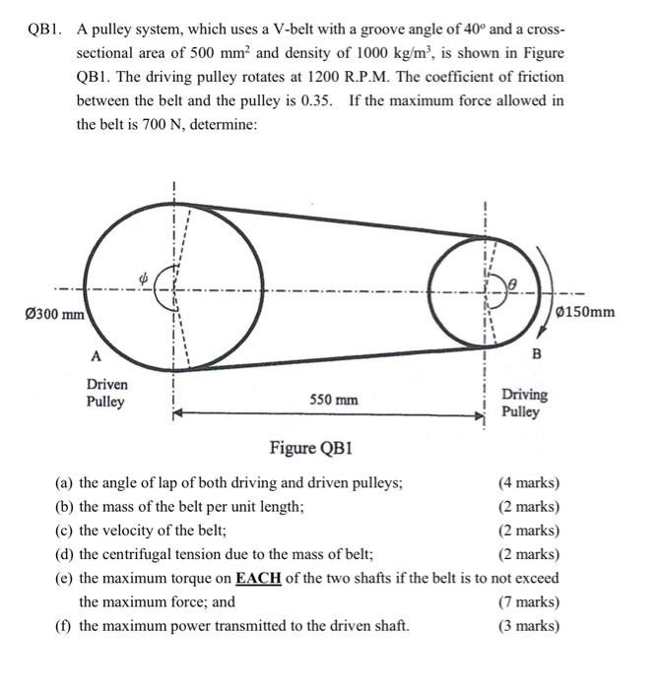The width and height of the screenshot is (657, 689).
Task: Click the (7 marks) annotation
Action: tap(529, 601)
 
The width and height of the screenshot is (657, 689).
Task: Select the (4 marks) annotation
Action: tap(529, 483)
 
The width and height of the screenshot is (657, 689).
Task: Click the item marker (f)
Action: tap(65, 625)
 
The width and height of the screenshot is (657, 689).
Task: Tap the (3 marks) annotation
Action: tap(529, 625)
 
